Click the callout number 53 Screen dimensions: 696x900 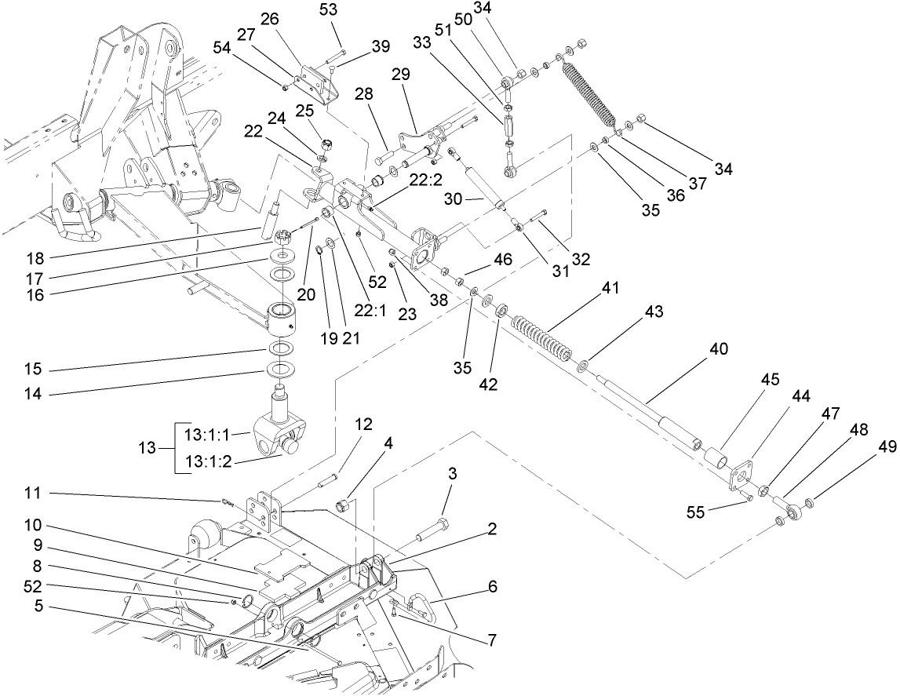(x=327, y=10)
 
